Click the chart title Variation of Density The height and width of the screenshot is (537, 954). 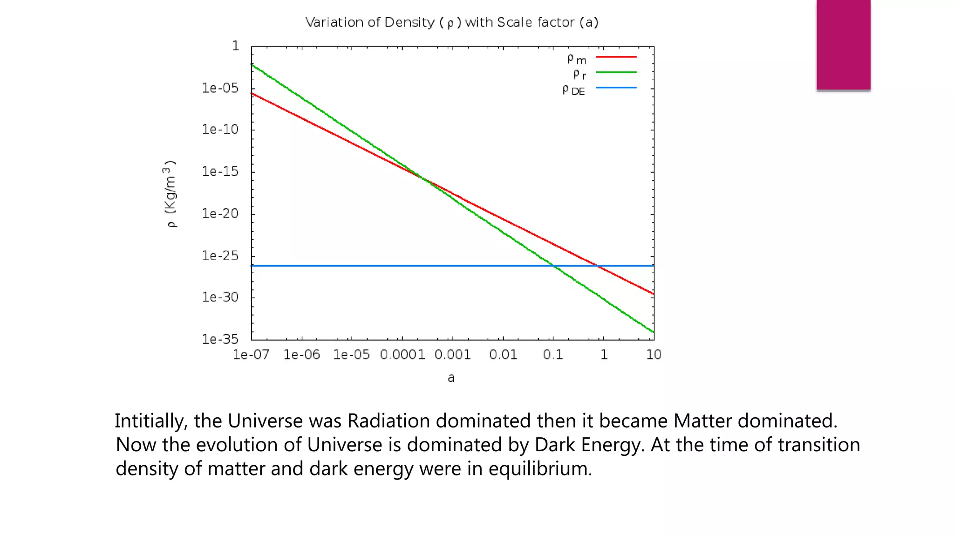point(451,22)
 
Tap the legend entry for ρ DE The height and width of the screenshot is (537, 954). point(573,90)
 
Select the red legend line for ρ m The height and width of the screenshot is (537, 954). point(616,57)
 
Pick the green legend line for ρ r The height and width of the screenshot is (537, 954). point(616,72)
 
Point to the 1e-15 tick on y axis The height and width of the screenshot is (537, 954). point(220,172)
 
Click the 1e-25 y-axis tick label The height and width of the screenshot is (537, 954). point(220,255)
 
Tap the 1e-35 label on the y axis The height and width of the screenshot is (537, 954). point(220,339)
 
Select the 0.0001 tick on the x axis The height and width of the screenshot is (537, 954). point(402,355)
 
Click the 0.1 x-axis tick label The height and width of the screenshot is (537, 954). point(553,355)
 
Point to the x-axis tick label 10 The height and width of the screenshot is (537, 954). point(654,355)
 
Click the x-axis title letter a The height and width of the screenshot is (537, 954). point(451,378)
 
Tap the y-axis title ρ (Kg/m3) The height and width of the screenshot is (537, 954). point(171,194)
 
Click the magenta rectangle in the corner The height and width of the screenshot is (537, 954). point(843,44)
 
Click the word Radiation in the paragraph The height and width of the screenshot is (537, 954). point(388,421)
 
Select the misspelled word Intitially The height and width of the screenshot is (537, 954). point(151,421)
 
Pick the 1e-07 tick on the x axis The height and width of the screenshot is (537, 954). point(251,355)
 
